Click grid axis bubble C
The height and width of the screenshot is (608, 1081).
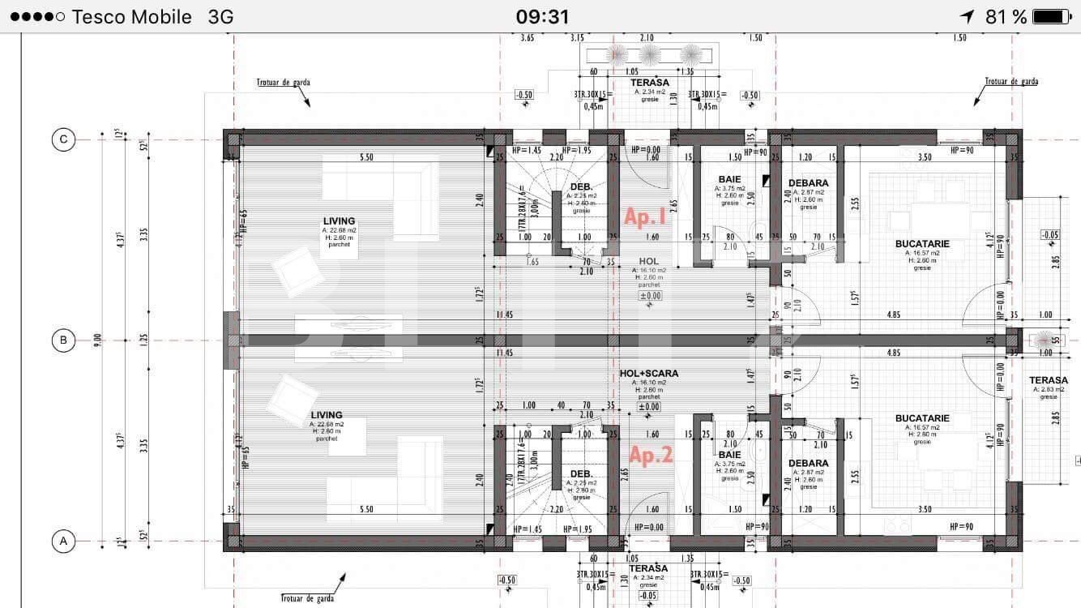(63, 139)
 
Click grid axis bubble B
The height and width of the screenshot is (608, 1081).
(63, 340)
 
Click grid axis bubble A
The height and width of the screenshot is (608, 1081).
(63, 541)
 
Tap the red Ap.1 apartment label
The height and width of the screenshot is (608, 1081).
(645, 216)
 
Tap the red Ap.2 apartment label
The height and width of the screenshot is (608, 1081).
(651, 456)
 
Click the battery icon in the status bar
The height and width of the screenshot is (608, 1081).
(1052, 16)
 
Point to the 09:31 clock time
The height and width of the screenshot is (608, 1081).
(542, 16)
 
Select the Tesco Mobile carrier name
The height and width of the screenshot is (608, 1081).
(132, 16)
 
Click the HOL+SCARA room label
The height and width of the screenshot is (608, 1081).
(648, 374)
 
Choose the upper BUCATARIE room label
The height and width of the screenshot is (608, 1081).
(922, 244)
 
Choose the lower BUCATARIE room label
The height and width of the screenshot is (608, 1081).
(922, 418)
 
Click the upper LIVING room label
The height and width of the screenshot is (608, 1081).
(339, 221)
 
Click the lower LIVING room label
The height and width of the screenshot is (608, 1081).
(327, 415)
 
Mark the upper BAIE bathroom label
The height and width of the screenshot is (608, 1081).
(729, 179)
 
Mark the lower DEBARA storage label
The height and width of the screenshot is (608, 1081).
(808, 464)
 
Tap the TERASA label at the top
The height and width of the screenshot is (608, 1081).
(649, 83)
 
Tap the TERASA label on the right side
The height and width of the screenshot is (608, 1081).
(1049, 380)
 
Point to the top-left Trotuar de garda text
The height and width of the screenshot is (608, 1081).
(283, 82)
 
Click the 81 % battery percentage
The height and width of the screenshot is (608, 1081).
(1005, 16)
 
